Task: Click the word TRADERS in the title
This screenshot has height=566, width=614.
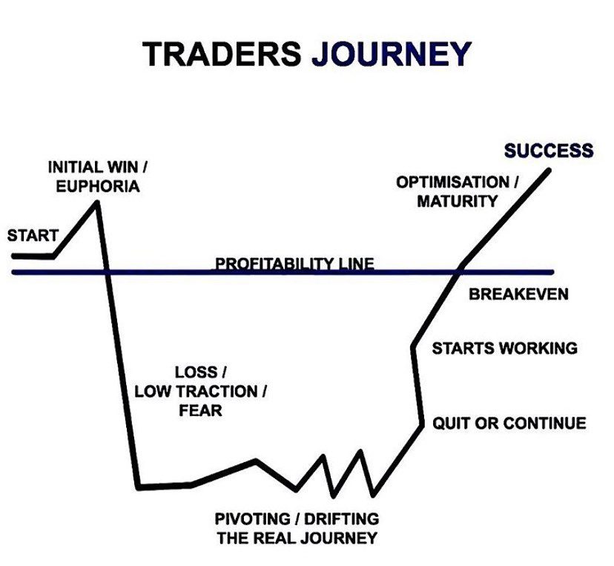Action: [222, 53]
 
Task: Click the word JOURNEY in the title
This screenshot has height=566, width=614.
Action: [392, 53]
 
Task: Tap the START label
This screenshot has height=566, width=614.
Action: [33, 236]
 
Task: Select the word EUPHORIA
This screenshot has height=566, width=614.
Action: [98, 186]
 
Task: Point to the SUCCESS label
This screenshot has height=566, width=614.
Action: [549, 151]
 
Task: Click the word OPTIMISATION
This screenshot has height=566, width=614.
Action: [452, 182]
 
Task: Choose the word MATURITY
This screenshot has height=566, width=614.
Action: [457, 201]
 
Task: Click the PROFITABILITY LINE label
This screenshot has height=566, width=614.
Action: [294, 263]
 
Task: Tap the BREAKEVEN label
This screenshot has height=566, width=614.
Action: [518, 294]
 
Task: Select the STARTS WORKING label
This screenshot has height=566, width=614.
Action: [505, 348]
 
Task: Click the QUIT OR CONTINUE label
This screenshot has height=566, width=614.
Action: [509, 423]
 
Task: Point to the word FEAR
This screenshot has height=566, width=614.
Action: [200, 410]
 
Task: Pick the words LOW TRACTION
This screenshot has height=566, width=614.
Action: [197, 391]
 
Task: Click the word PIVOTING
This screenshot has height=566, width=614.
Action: [253, 519]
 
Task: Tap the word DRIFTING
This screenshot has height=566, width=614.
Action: [341, 519]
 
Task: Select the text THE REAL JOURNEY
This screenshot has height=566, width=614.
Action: [297, 539]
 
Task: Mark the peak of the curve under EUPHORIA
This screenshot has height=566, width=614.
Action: [96, 203]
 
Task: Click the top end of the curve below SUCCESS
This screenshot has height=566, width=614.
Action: [549, 171]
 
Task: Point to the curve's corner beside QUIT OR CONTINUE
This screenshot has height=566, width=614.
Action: [421, 424]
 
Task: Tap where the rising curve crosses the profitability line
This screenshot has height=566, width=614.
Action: [458, 272]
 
